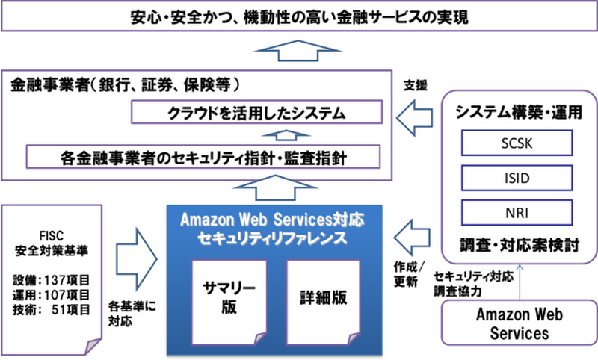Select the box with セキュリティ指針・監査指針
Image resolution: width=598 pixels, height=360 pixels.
click(x=202, y=157)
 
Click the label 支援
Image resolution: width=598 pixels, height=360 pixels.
click(x=415, y=85)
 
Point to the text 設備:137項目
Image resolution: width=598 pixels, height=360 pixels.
click(x=52, y=281)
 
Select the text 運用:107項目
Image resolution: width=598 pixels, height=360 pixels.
click(x=52, y=295)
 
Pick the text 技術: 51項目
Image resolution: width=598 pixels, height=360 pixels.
click(x=52, y=309)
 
